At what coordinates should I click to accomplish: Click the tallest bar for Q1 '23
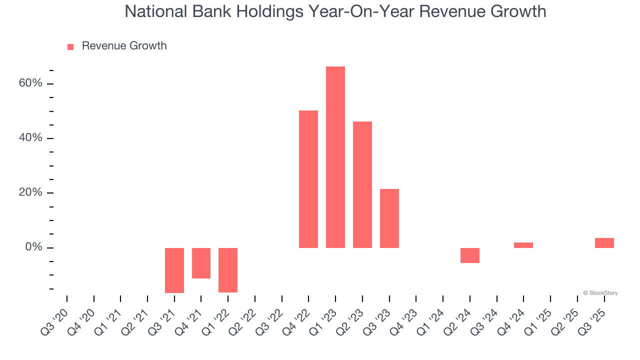point(335,157)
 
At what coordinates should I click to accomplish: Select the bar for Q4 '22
point(308,179)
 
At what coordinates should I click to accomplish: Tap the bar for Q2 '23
point(362,184)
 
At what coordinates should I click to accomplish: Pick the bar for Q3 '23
point(389,218)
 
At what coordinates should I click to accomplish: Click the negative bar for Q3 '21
point(174,270)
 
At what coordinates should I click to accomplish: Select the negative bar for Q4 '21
point(201,263)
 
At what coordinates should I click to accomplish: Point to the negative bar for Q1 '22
point(228,270)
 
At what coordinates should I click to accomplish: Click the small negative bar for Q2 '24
point(470,255)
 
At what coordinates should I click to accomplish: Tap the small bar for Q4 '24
point(523,245)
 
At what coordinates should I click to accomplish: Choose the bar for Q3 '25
point(604,243)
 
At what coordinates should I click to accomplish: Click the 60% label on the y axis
point(30,83)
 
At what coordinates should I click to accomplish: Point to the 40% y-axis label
point(30,138)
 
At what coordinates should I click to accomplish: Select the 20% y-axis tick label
point(30,193)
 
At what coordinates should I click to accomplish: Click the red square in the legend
point(70,46)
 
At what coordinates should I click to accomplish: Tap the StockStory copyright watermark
point(600,293)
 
